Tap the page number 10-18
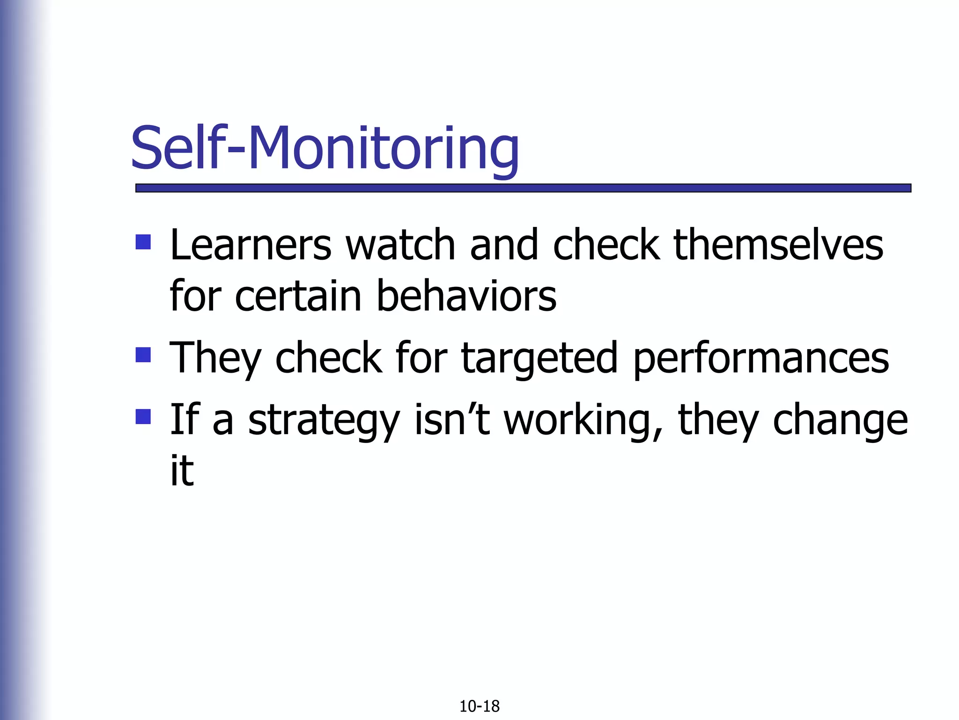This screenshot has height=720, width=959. pos(479,706)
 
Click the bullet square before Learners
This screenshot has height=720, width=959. pos(143,242)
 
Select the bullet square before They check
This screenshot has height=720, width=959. pos(143,354)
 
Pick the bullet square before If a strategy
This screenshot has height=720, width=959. pos(143,416)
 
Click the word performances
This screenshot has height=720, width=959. pos(761,359)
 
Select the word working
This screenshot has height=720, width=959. pos(583,420)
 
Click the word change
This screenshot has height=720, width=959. pos(840,420)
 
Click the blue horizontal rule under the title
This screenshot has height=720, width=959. pos(523,188)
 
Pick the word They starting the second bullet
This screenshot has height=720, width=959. pos(215,359)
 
